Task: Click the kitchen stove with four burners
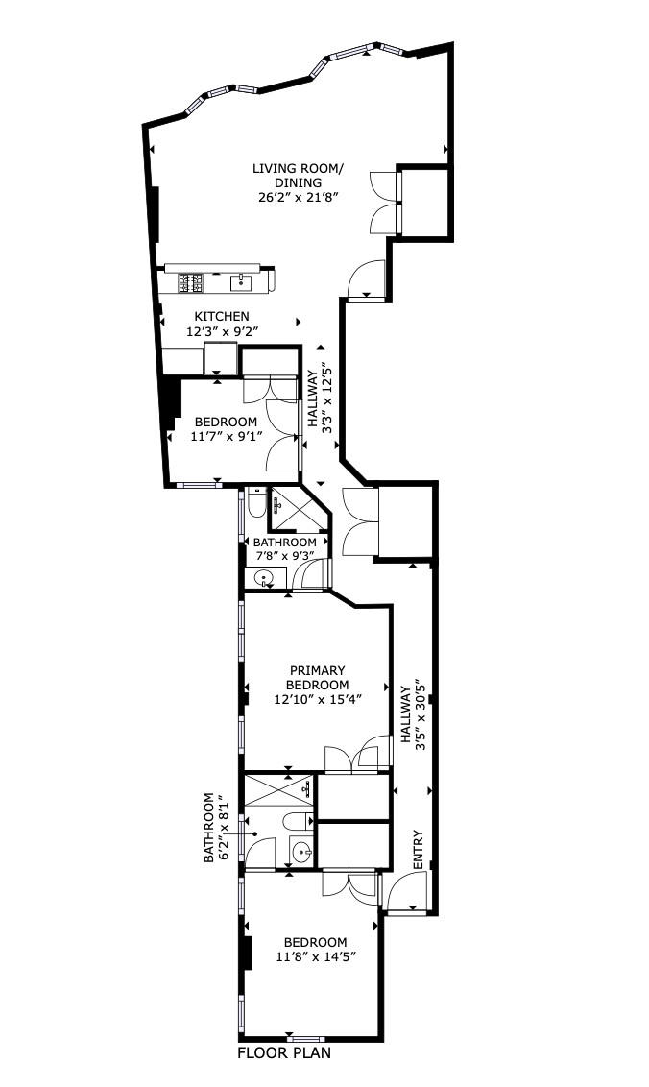(x=191, y=282)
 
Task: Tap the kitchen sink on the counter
(x=241, y=281)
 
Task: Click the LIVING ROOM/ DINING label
(x=298, y=176)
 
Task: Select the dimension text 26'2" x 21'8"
(x=299, y=198)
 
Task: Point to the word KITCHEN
(x=222, y=317)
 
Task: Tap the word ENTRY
(x=419, y=851)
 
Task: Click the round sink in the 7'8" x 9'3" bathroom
(x=265, y=578)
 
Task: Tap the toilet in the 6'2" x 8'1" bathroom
(x=299, y=822)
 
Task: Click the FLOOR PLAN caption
(x=285, y=1053)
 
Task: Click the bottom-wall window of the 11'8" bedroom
(x=305, y=1039)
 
